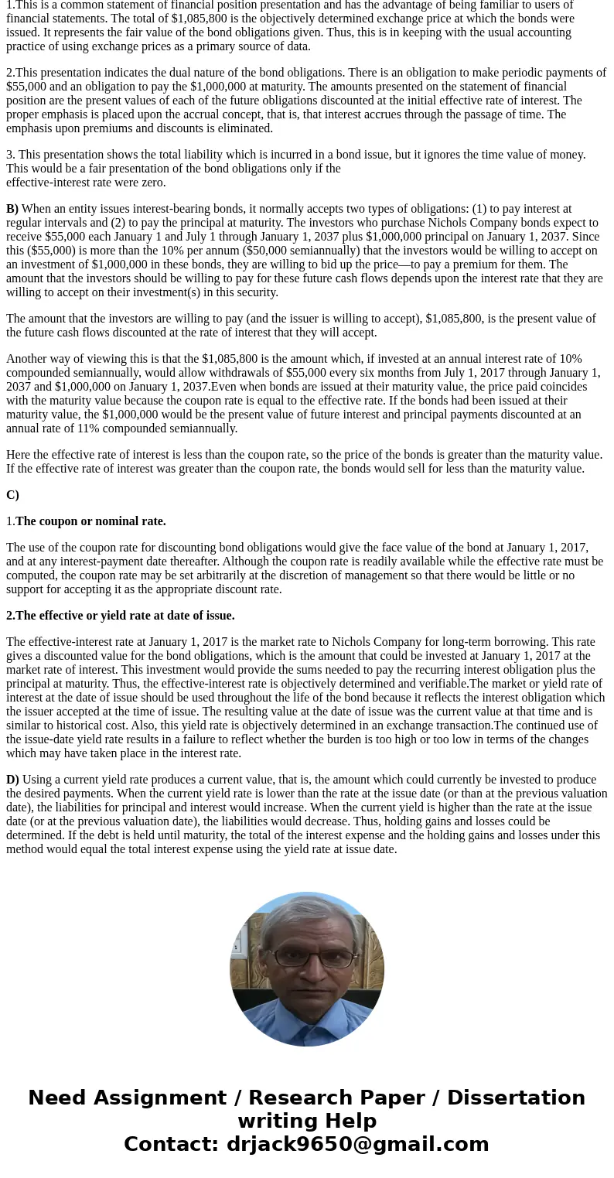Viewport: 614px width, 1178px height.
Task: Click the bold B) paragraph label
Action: [12, 209]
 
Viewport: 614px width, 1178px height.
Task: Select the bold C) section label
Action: [12, 495]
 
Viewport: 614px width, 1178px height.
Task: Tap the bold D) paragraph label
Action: [12, 780]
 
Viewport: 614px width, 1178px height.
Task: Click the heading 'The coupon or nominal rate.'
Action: [90, 521]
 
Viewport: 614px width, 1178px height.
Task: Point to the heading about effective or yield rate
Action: [125, 616]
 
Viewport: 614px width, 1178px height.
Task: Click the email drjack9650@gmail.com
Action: [357, 1144]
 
